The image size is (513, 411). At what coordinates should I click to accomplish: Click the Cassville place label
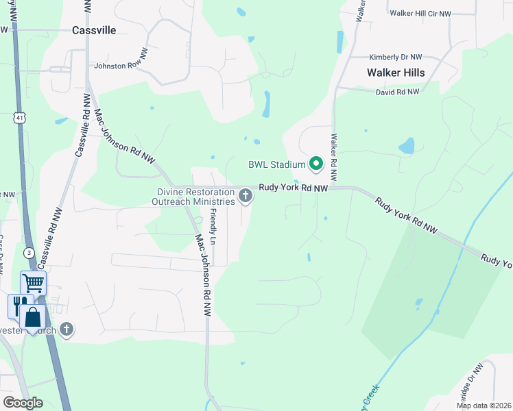click(x=94, y=30)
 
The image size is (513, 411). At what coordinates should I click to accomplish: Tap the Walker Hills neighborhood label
click(x=396, y=73)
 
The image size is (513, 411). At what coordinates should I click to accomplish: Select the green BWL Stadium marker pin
click(x=315, y=164)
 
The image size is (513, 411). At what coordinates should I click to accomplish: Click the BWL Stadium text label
click(x=276, y=164)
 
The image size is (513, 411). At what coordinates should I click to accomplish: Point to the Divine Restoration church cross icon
click(x=246, y=197)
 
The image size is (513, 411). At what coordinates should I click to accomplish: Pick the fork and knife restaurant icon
click(x=20, y=305)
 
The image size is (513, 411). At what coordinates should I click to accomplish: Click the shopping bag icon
click(x=32, y=317)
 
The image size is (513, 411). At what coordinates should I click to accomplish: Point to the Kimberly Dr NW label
click(x=395, y=58)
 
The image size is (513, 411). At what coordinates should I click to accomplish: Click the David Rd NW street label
click(x=397, y=91)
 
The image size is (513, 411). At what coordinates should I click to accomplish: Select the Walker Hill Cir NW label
click(x=420, y=13)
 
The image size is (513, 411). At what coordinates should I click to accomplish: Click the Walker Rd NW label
click(x=334, y=157)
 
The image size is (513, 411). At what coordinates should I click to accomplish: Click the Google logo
click(x=23, y=403)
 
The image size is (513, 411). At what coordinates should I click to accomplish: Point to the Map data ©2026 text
click(x=484, y=406)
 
